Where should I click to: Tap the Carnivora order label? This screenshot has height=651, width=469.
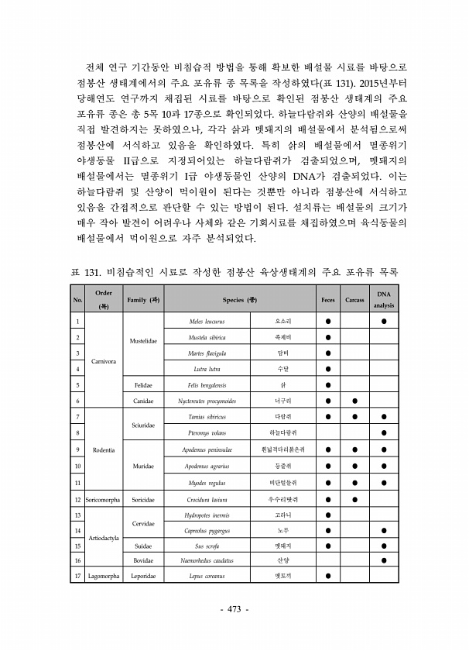104,361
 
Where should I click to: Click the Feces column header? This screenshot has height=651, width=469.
328,299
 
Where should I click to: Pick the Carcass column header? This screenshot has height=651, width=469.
354,299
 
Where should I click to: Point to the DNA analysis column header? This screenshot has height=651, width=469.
384,299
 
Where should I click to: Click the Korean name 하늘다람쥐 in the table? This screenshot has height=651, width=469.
282,432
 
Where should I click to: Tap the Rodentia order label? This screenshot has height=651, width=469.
104,449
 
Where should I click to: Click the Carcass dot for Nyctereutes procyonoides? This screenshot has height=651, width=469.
354,401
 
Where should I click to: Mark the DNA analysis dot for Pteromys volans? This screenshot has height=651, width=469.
384,432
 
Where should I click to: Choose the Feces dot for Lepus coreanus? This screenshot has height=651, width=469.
328,576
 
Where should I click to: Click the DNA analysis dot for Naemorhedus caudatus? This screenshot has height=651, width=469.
384,560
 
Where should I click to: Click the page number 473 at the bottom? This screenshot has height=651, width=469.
234,610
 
